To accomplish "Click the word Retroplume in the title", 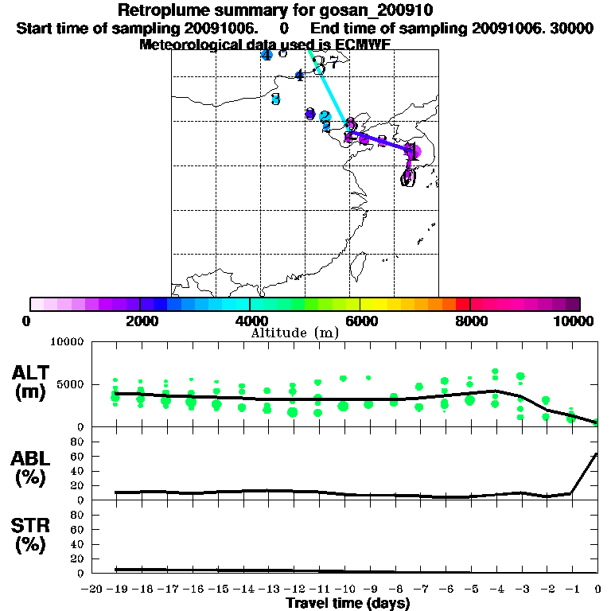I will (x=162, y=10).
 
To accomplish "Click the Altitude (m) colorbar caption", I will (x=294, y=333).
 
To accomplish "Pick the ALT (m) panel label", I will (x=33, y=383).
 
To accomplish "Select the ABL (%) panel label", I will (x=33, y=467).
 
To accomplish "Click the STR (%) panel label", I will (x=33, y=535).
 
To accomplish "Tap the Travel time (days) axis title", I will (x=348, y=603).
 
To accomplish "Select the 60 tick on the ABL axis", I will (x=76, y=456).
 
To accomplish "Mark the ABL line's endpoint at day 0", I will (x=597, y=454).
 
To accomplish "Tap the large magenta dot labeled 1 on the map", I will (x=412, y=150).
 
